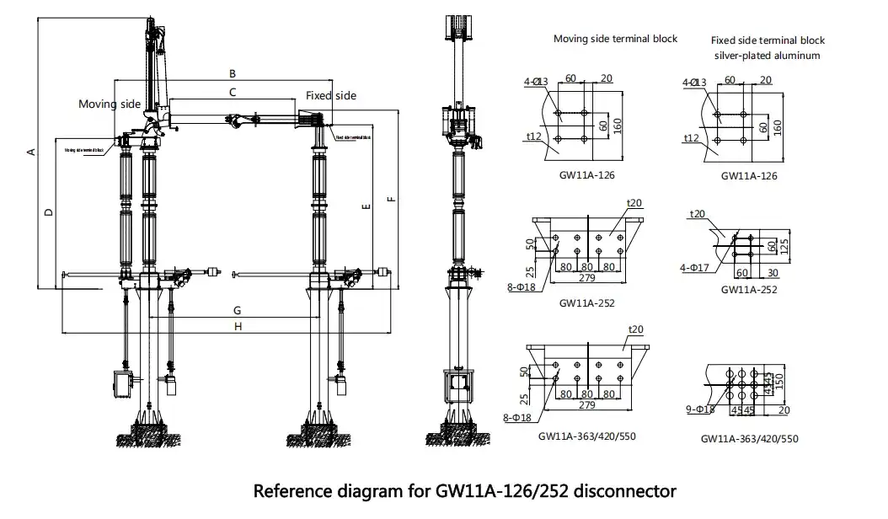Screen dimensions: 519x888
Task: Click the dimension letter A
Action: coord(30,152)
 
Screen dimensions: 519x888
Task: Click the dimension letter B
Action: coord(233,73)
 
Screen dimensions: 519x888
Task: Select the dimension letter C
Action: coord(233,90)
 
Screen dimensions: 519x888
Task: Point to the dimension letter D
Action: coord(49,211)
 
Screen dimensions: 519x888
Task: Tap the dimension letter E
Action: coord(364,206)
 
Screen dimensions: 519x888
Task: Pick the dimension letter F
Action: coord(390,199)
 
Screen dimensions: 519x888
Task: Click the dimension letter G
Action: coord(238,311)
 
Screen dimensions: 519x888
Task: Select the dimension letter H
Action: coord(238,326)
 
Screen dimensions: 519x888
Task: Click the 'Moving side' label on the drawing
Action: coord(110,104)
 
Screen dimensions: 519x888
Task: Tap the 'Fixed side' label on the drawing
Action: coord(330,95)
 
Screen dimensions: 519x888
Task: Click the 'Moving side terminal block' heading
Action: coord(615,39)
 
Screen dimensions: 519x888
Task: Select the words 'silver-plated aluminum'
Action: coord(767,56)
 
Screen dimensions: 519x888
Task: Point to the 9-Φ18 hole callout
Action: coord(701,409)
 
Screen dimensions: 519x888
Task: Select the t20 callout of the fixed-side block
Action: coord(697,214)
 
